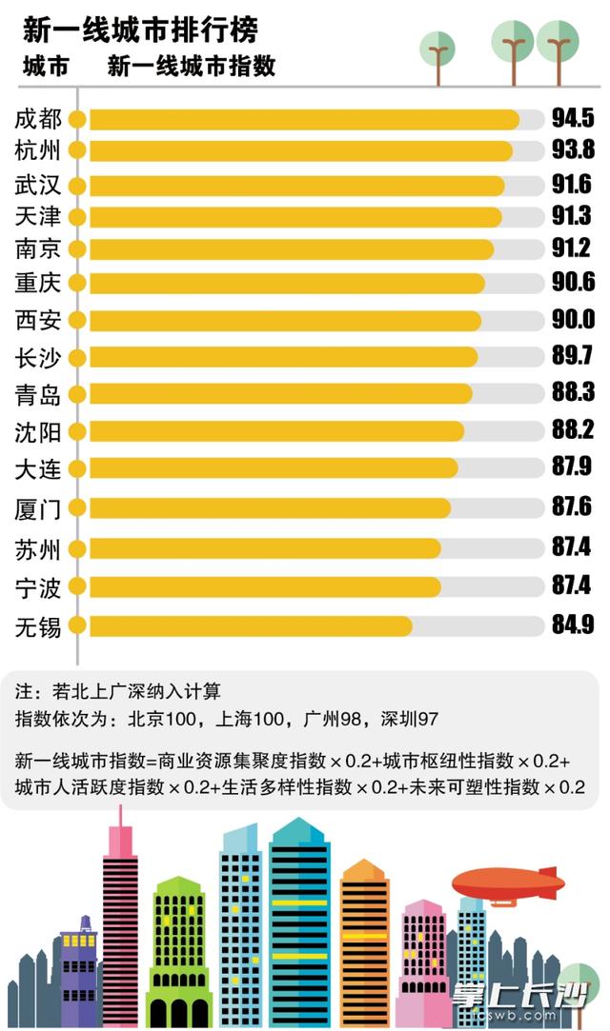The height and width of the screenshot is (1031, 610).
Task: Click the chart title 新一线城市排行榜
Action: tap(141, 30)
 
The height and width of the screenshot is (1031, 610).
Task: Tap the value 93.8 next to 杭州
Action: tap(573, 149)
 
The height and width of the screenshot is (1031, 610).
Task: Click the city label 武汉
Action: tap(38, 184)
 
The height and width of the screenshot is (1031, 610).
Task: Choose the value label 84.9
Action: tap(573, 625)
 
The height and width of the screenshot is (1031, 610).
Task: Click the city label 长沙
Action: tap(38, 357)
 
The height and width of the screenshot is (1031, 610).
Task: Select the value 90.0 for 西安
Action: tap(573, 320)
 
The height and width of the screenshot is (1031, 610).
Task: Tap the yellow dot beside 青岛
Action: tap(77, 394)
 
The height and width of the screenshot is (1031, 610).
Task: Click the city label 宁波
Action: tap(38, 587)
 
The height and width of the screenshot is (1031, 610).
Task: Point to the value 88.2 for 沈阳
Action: tap(573, 431)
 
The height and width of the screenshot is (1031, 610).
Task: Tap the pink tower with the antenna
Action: tap(120, 914)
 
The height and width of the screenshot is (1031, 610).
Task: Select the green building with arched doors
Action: tap(179, 952)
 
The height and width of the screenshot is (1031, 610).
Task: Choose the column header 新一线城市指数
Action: tap(192, 66)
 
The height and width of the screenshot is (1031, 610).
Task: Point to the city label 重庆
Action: tap(38, 283)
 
